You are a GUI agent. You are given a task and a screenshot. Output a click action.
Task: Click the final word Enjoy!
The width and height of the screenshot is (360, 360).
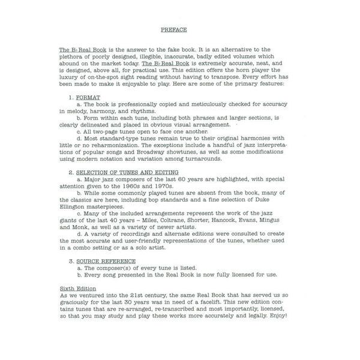290,317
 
